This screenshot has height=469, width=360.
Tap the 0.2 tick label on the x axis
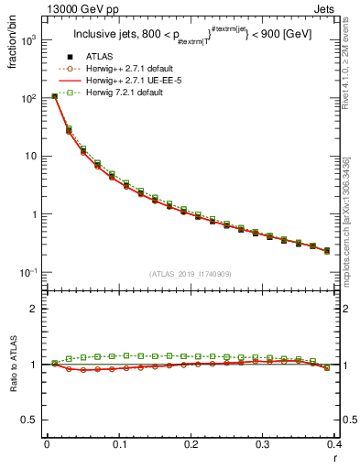(191, 444)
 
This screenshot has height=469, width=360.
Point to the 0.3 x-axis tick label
(263, 444)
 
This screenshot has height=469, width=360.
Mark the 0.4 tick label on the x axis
(334, 444)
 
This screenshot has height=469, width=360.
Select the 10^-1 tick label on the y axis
(29, 273)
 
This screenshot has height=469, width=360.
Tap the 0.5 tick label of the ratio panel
(30, 420)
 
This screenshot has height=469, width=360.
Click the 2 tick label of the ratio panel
(35, 309)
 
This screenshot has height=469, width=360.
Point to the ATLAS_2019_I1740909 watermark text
(191, 274)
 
